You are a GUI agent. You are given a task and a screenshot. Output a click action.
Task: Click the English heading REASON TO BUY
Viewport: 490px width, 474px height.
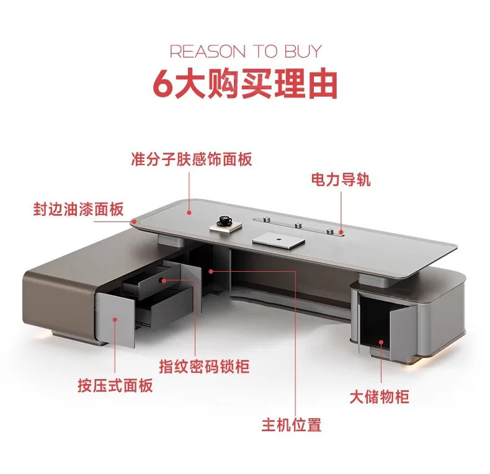tap(246, 51)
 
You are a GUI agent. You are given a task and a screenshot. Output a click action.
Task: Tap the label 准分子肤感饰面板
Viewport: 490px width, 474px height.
tap(192, 159)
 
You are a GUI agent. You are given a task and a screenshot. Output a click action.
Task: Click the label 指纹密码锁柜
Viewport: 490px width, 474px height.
tap(203, 367)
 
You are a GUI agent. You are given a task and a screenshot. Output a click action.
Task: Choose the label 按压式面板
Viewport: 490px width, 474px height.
tap(116, 385)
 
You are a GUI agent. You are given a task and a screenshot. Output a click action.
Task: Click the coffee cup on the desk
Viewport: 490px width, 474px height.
tap(224, 221)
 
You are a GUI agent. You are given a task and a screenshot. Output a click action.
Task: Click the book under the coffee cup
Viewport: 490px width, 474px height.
tap(224, 229)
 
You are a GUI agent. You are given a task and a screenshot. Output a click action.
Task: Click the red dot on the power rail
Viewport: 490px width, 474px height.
tap(341, 233)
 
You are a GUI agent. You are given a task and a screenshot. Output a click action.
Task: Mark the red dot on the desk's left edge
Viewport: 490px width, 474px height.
tap(133, 220)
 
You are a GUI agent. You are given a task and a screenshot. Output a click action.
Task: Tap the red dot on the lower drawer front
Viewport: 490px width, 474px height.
tap(115, 319)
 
